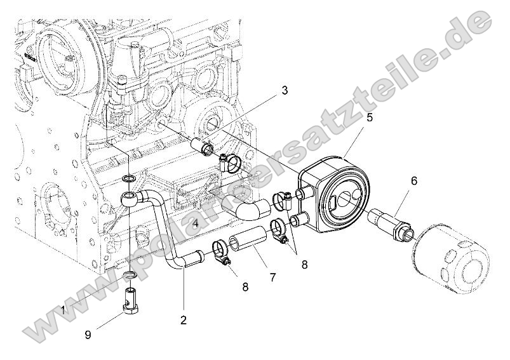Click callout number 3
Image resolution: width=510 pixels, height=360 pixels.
click(x=285, y=91)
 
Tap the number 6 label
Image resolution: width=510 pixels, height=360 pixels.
click(x=413, y=181)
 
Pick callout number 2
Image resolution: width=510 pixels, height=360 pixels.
click(x=184, y=320)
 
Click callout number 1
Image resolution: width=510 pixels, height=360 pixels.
click(x=63, y=309)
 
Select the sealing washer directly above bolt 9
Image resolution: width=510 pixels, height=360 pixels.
click(x=130, y=274)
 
